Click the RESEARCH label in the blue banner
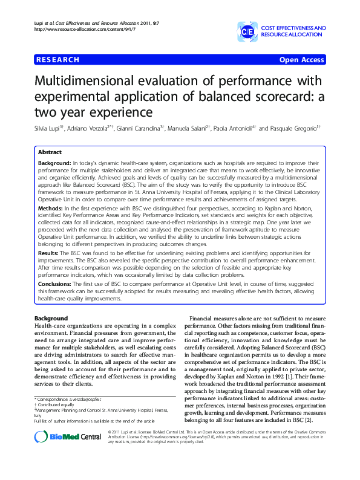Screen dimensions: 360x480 pyautogui.click(x=57, y=60)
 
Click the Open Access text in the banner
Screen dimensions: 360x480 pyautogui.click(x=302, y=60)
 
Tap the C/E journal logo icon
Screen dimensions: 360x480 pyautogui.click(x=247, y=31)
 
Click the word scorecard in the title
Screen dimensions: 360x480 pyautogui.click(x=276, y=97)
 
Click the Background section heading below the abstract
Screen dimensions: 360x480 pyautogui.click(x=51, y=318)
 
